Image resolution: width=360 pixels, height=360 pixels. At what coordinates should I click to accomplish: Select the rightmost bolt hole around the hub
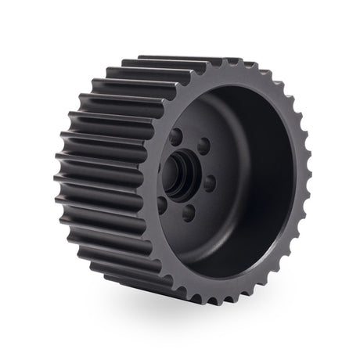pyautogui.click(x=210, y=183)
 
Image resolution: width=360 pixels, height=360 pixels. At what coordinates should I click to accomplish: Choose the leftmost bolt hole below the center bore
pyautogui.click(x=162, y=205)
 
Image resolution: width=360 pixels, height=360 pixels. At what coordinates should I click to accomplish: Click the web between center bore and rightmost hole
pyautogui.click(x=198, y=178)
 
